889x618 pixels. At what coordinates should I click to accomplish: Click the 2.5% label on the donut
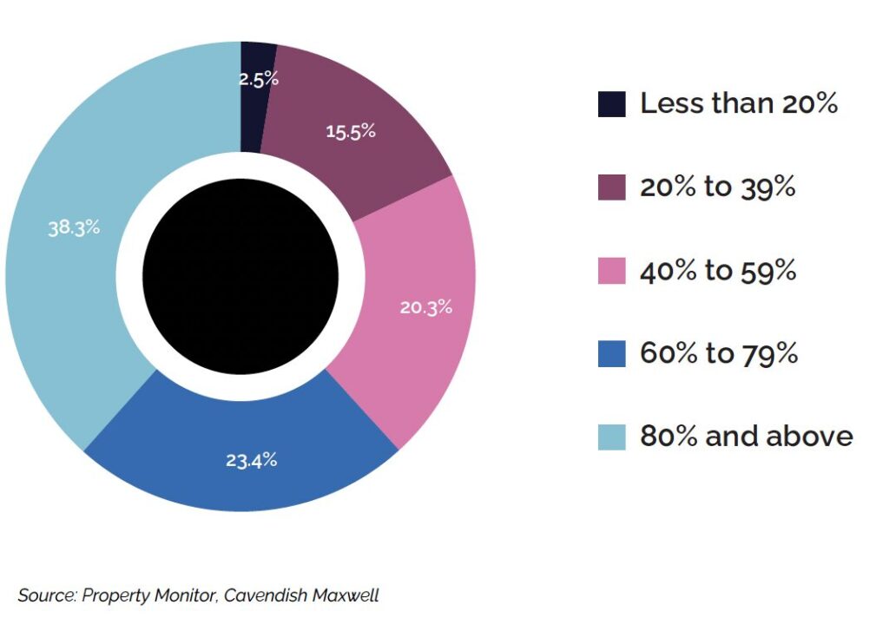coord(259,78)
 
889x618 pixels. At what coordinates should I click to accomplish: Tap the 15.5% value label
coord(351,132)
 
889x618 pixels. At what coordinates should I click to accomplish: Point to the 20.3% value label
coord(425,307)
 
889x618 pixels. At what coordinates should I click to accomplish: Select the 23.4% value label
coord(252,460)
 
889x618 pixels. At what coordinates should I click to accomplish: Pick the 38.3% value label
coord(74,228)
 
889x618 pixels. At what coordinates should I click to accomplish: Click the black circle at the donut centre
coord(240,277)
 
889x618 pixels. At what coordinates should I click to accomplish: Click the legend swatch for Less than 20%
coord(612,104)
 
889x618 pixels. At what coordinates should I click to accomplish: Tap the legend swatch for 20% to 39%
coord(612,187)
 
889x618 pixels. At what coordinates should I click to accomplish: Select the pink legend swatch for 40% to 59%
coord(612,271)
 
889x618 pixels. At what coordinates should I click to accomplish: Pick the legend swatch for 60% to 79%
coord(612,354)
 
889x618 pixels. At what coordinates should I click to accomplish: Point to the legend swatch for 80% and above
coord(612,437)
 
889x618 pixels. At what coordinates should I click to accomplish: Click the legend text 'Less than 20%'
coord(739,103)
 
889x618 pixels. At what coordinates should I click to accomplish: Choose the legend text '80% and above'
coord(747,436)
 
